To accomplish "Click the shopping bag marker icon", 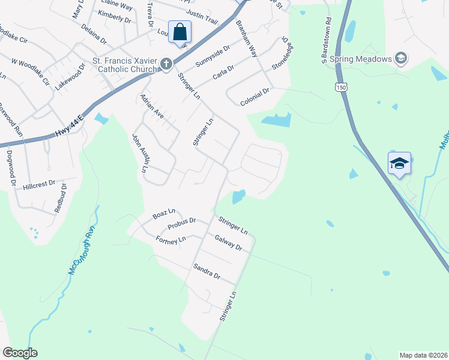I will coord(180,32).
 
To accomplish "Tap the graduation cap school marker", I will coord(399,163).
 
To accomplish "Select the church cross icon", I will coord(166,63).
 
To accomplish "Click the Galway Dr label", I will coord(228,242).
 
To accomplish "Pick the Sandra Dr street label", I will coord(206,271).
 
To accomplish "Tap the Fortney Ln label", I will coord(170,240).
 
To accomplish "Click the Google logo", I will coord(20,353).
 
